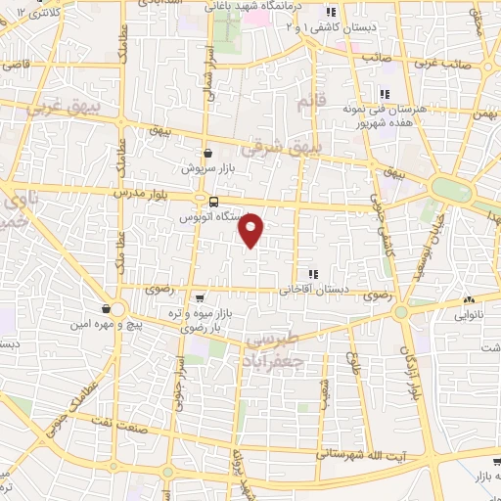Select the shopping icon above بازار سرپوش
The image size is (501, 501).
pyautogui.click(x=208, y=153)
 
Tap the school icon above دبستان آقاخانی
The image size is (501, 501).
pyautogui.click(x=313, y=274)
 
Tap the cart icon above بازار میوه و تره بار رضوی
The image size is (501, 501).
pyautogui.click(x=201, y=298)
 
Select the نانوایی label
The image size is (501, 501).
pyautogui.click(x=470, y=316)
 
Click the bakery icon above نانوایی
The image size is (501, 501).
pyautogui.click(x=471, y=300)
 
